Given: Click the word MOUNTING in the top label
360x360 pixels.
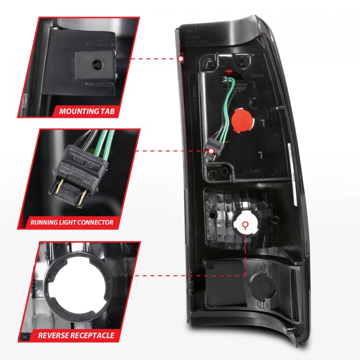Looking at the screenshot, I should coord(78,111).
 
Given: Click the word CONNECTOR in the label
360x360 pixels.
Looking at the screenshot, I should coord(99,223).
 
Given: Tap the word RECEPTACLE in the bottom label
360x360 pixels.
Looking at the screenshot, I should coord(92,335).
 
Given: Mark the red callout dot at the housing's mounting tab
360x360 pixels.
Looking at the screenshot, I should coord(181,59).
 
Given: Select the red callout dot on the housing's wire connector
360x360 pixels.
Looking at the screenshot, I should coord(210,151).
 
